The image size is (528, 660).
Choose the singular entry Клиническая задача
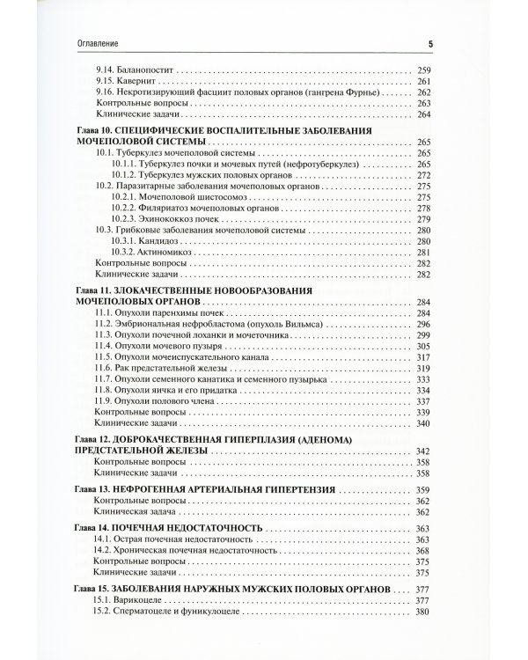(x=134, y=512)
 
